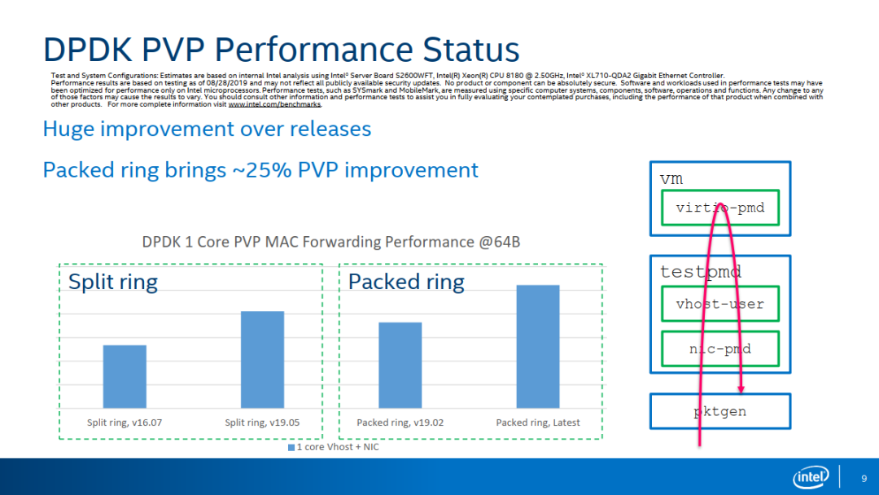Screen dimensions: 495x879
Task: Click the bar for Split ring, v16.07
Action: [125, 376]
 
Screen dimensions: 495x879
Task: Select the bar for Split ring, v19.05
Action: [262, 359]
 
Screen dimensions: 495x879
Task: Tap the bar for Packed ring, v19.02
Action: [400, 365]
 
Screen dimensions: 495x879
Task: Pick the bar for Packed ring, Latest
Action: [538, 346]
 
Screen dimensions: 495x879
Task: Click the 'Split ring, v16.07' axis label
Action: [125, 423]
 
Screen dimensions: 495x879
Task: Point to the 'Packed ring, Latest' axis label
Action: [538, 423]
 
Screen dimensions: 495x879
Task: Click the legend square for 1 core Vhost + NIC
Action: [291, 448]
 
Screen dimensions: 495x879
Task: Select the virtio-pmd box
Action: [719, 208]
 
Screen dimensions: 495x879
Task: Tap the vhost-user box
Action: [719, 304]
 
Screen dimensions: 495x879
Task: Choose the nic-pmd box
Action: [719, 348]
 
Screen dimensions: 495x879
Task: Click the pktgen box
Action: [719, 411]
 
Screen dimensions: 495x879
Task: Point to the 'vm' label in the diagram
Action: [671, 177]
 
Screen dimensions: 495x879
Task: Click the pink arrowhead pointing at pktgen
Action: [741, 388]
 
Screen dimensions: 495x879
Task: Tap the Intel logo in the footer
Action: [811, 477]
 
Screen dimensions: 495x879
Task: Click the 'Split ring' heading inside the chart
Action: [112, 282]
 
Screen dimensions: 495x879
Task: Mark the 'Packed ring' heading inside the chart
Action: [406, 282]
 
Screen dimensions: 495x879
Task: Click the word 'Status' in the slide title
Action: [467, 50]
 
